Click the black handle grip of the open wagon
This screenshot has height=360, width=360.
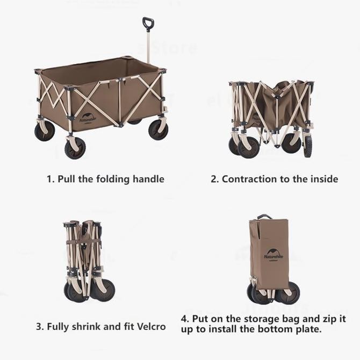(148, 23)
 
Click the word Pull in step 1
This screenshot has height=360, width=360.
(69, 179)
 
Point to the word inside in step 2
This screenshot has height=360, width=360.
(322, 179)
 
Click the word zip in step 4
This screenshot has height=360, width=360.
(328, 319)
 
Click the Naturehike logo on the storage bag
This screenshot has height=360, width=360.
(273, 254)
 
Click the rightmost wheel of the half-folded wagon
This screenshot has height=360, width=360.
(307, 146)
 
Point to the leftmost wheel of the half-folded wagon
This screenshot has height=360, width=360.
(234, 145)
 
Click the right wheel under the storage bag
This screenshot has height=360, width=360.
(290, 293)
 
